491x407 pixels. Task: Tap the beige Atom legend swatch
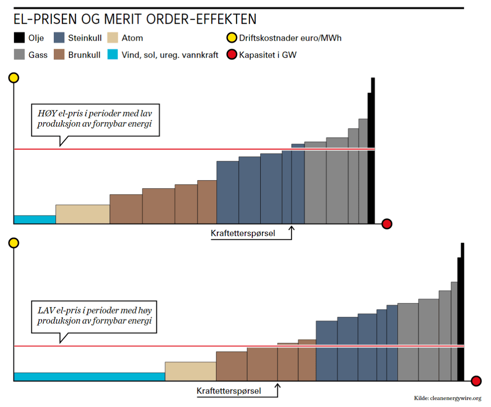coord(112,38)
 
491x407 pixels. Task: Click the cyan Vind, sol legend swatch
coord(112,55)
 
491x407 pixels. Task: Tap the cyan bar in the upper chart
coord(34,219)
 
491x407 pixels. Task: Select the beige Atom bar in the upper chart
coord(82,214)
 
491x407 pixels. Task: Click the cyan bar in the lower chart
coord(89,377)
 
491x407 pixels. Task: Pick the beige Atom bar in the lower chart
coord(190,371)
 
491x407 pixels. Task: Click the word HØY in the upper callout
coord(46,114)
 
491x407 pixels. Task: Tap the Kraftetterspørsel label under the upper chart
coord(243,233)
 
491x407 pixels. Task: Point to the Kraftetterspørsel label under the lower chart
coord(228,391)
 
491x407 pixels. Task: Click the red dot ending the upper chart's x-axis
coord(387,224)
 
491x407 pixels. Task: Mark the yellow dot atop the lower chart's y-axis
coord(14,243)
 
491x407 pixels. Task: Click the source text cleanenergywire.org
coord(455,398)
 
